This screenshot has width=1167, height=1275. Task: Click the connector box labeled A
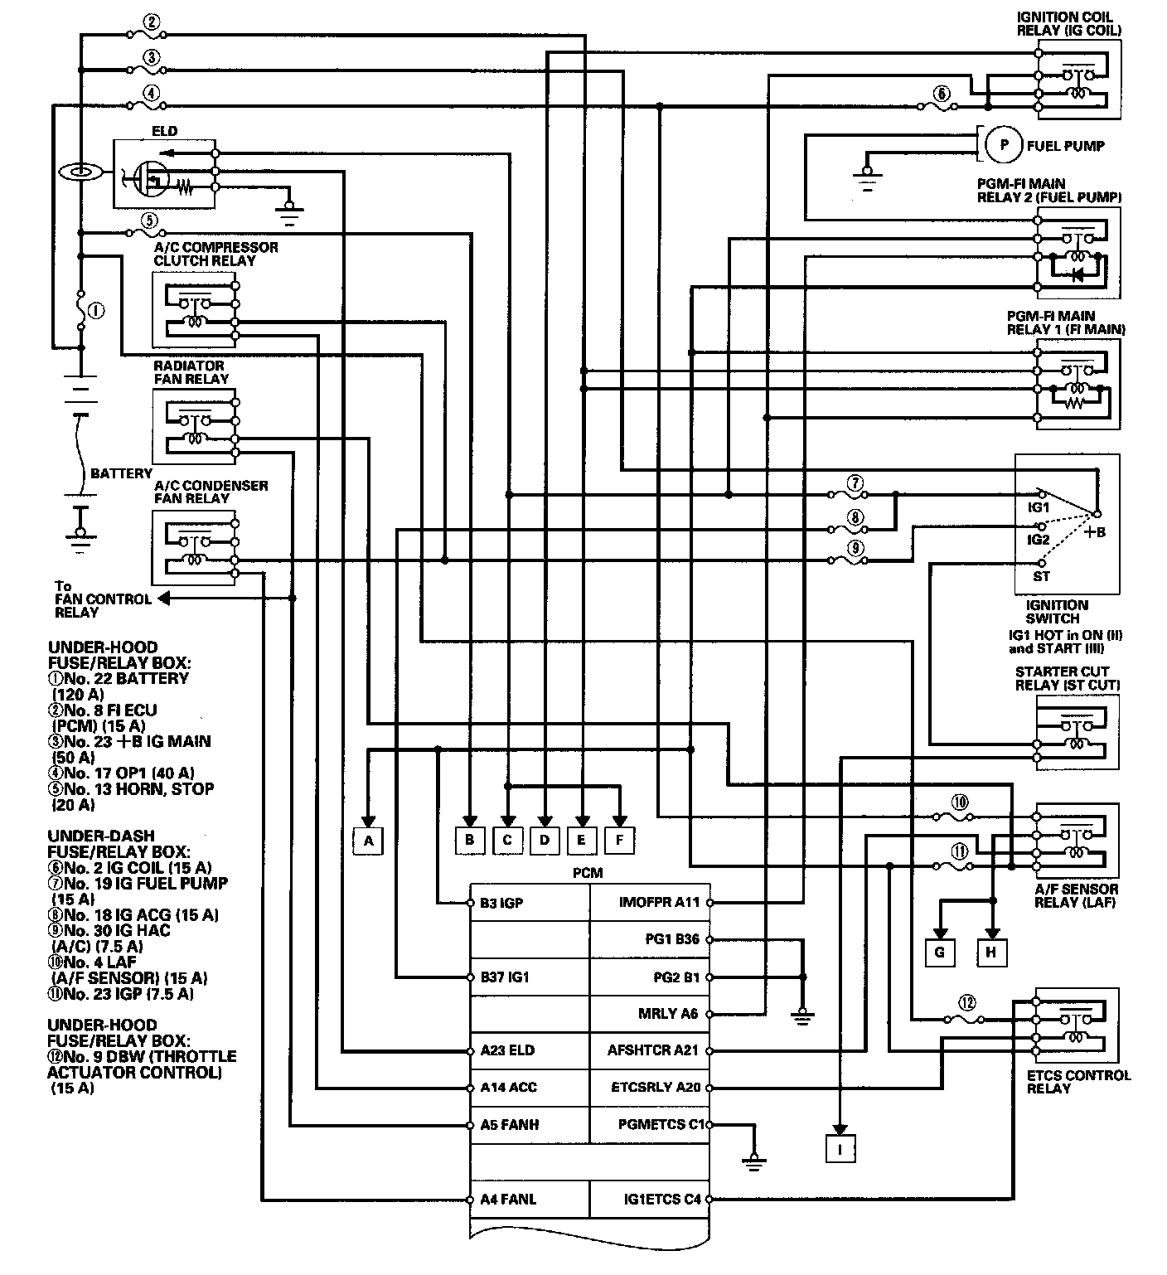point(369,841)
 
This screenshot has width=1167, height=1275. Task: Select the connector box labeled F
point(619,840)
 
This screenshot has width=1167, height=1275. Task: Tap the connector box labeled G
point(939,953)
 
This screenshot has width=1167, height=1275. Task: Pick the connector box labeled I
point(840,1148)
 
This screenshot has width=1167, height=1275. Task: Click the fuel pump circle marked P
point(1004,145)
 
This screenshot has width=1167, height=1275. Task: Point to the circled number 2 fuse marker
point(151,23)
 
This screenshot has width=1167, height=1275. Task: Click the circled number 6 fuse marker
point(942,95)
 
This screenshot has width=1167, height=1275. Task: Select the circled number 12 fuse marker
point(965,1001)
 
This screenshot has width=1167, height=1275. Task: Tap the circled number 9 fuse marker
point(856,547)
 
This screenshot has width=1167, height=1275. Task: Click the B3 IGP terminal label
point(501,903)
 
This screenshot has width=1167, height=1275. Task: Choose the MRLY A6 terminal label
point(669,1013)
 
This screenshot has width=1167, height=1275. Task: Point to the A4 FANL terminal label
point(508,1199)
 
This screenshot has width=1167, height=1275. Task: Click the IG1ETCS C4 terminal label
point(662,1199)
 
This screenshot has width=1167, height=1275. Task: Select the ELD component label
point(164,131)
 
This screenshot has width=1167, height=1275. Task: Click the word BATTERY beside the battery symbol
point(121,473)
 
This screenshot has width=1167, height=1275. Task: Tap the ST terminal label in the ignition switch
point(1041,575)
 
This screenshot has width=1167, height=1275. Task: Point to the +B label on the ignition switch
point(1095,531)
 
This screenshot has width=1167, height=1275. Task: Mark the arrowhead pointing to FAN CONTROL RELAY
point(163,598)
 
